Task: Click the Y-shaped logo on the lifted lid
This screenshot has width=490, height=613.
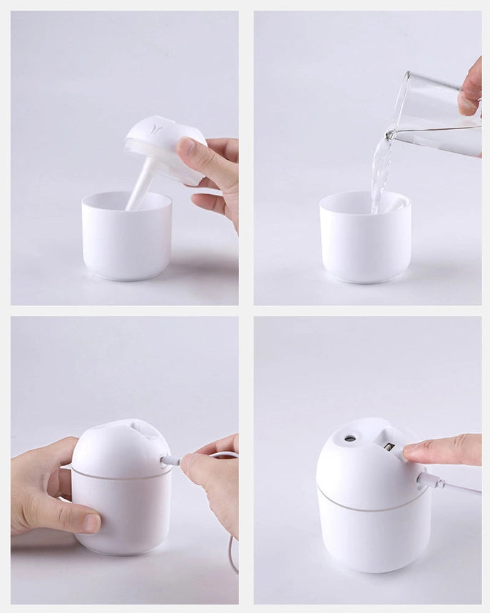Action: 158,128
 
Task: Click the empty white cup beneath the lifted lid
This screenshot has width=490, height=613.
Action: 127,239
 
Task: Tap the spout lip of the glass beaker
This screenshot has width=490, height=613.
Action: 390,133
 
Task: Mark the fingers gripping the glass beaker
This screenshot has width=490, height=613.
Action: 471,89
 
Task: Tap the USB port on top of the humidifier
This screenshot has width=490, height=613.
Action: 389,447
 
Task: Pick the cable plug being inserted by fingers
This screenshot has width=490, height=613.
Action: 172,461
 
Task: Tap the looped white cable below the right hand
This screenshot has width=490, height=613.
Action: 232,549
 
